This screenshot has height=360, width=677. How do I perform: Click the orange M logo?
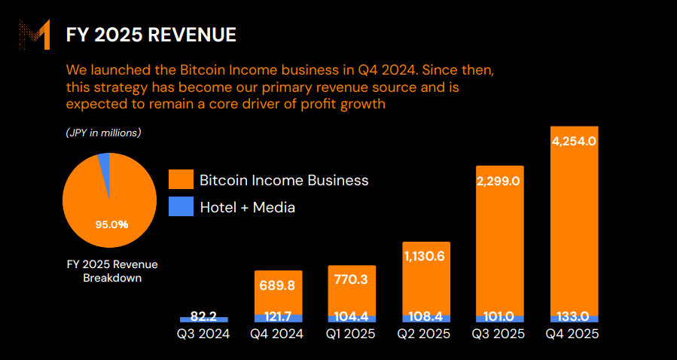tap(35, 36)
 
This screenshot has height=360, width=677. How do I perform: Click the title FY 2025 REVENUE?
tap(151, 35)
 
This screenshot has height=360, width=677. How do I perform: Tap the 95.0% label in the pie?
tap(111, 224)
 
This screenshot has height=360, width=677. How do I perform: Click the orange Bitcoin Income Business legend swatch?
tap(181, 180)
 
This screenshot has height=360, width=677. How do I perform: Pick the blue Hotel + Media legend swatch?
tap(181, 206)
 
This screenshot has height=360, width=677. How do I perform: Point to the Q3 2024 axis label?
tap(203, 334)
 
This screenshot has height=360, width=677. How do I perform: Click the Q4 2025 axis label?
tap(574, 334)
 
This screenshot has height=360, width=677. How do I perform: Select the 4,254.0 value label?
tap(574, 141)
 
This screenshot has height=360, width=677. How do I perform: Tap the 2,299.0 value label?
tap(500, 181)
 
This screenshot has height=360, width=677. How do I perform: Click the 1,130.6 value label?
tap(426, 256)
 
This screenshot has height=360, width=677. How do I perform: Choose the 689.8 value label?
tap(278, 285)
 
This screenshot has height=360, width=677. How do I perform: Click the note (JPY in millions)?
tap(103, 133)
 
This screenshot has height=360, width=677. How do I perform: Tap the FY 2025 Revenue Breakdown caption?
tap(111, 271)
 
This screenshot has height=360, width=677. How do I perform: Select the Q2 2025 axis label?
tap(426, 334)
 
